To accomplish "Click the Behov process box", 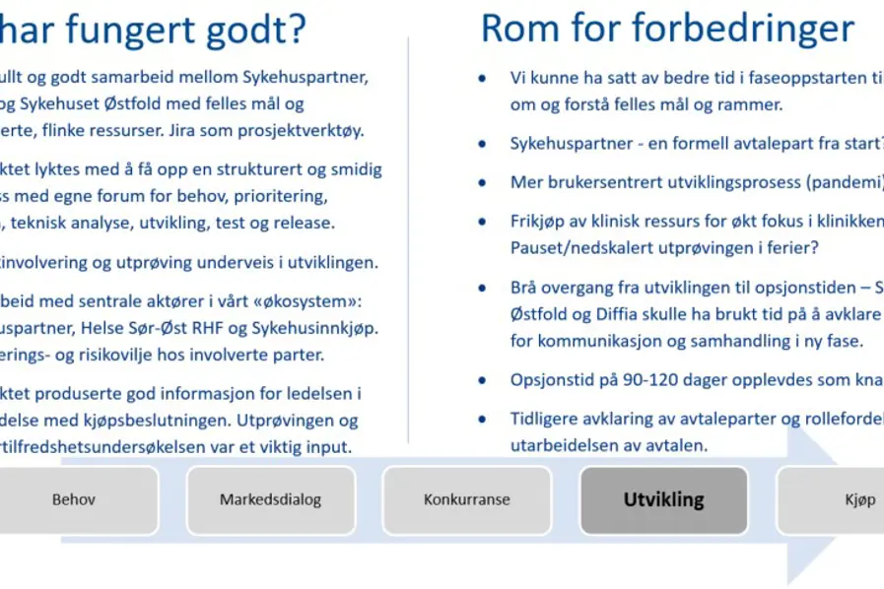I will point(74,499).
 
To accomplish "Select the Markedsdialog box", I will point(270,499).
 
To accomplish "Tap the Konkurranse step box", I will point(466,499).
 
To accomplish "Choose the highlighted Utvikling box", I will point(663,499).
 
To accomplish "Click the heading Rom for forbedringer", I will point(666,29).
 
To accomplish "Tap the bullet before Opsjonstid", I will point(481,380).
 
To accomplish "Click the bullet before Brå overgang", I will point(481,289).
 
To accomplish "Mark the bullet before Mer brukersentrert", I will point(481,183).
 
